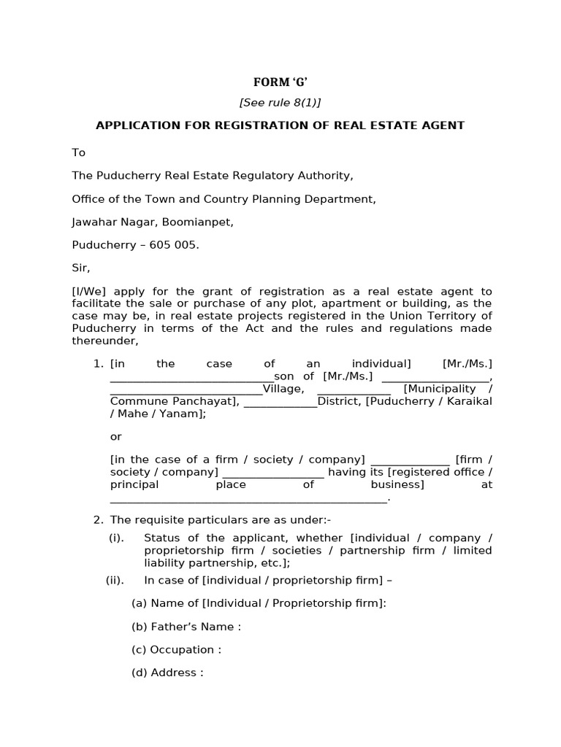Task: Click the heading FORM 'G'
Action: pyautogui.click(x=280, y=82)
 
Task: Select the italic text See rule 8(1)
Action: pyautogui.click(x=280, y=103)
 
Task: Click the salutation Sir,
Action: pyautogui.click(x=80, y=268)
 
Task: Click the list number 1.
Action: pyautogui.click(x=98, y=363)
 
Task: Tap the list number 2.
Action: pyautogui.click(x=98, y=519)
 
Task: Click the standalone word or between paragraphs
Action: pyautogui.click(x=115, y=436)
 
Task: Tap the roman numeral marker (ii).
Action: pyautogui.click(x=115, y=580)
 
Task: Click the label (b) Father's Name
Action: pyautogui.click(x=186, y=627)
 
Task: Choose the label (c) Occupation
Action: pyautogui.click(x=176, y=649)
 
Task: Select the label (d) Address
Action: pyautogui.click(x=167, y=673)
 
